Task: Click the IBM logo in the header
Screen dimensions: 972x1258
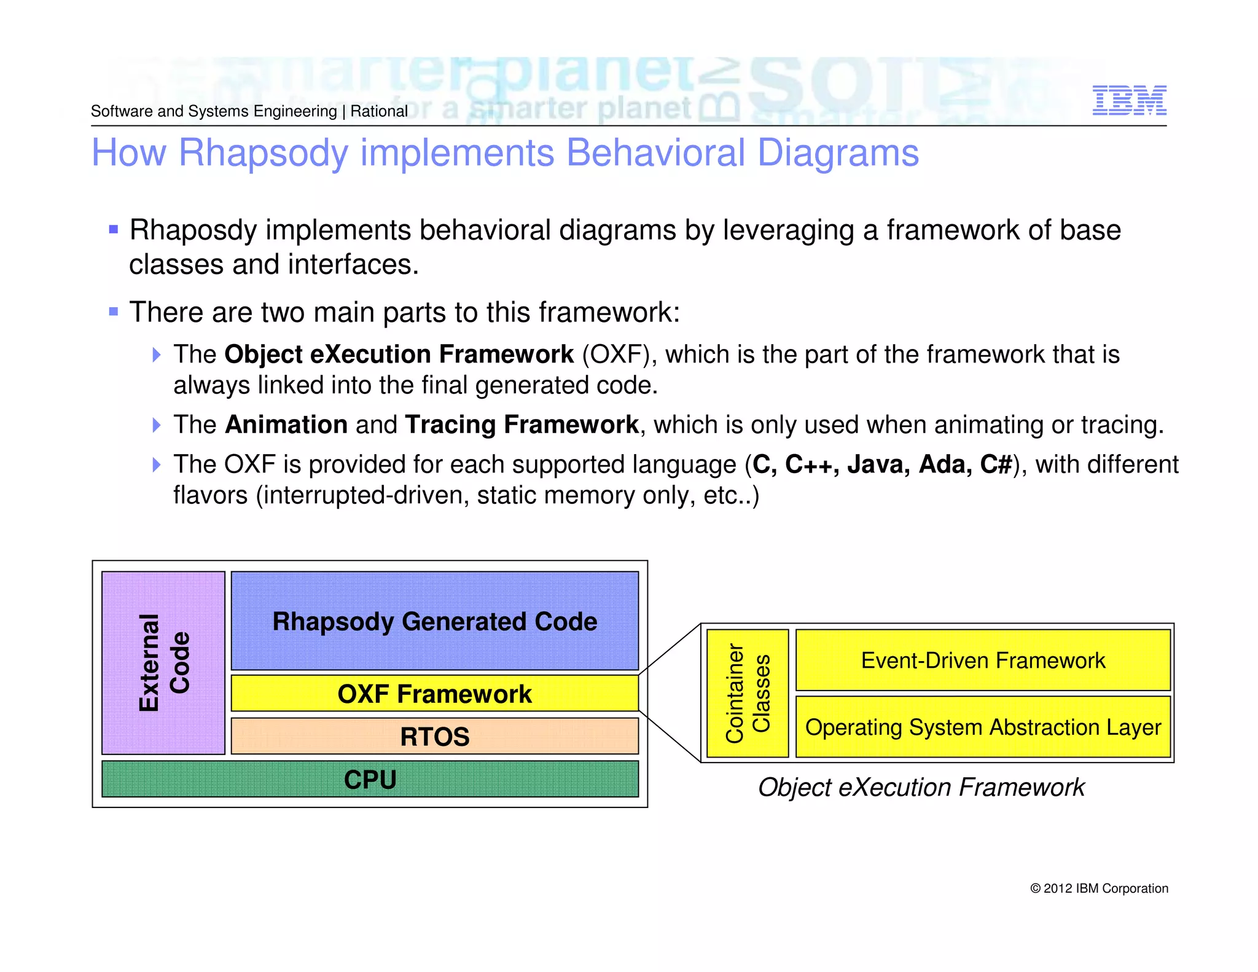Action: [1129, 101]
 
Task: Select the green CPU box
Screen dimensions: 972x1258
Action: [370, 779]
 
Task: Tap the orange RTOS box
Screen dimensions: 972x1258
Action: [434, 736]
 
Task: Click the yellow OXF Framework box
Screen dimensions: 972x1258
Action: [434, 694]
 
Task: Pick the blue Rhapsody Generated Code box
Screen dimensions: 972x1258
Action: [434, 621]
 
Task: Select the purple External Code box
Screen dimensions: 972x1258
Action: [163, 662]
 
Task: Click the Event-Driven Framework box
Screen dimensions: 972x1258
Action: [983, 660]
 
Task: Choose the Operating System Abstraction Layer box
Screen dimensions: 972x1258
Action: [983, 727]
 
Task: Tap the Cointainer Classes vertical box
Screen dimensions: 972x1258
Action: [748, 693]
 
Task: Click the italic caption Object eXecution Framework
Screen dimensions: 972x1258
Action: [921, 788]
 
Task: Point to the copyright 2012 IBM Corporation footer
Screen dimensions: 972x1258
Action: [1099, 888]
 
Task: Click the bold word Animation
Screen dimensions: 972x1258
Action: [286, 425]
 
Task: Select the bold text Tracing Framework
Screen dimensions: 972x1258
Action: [522, 425]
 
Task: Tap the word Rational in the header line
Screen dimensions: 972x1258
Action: [379, 111]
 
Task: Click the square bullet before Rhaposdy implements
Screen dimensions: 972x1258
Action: [113, 230]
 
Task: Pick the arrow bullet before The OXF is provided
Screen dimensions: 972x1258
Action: [157, 464]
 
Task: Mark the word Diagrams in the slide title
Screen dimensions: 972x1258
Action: [838, 153]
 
